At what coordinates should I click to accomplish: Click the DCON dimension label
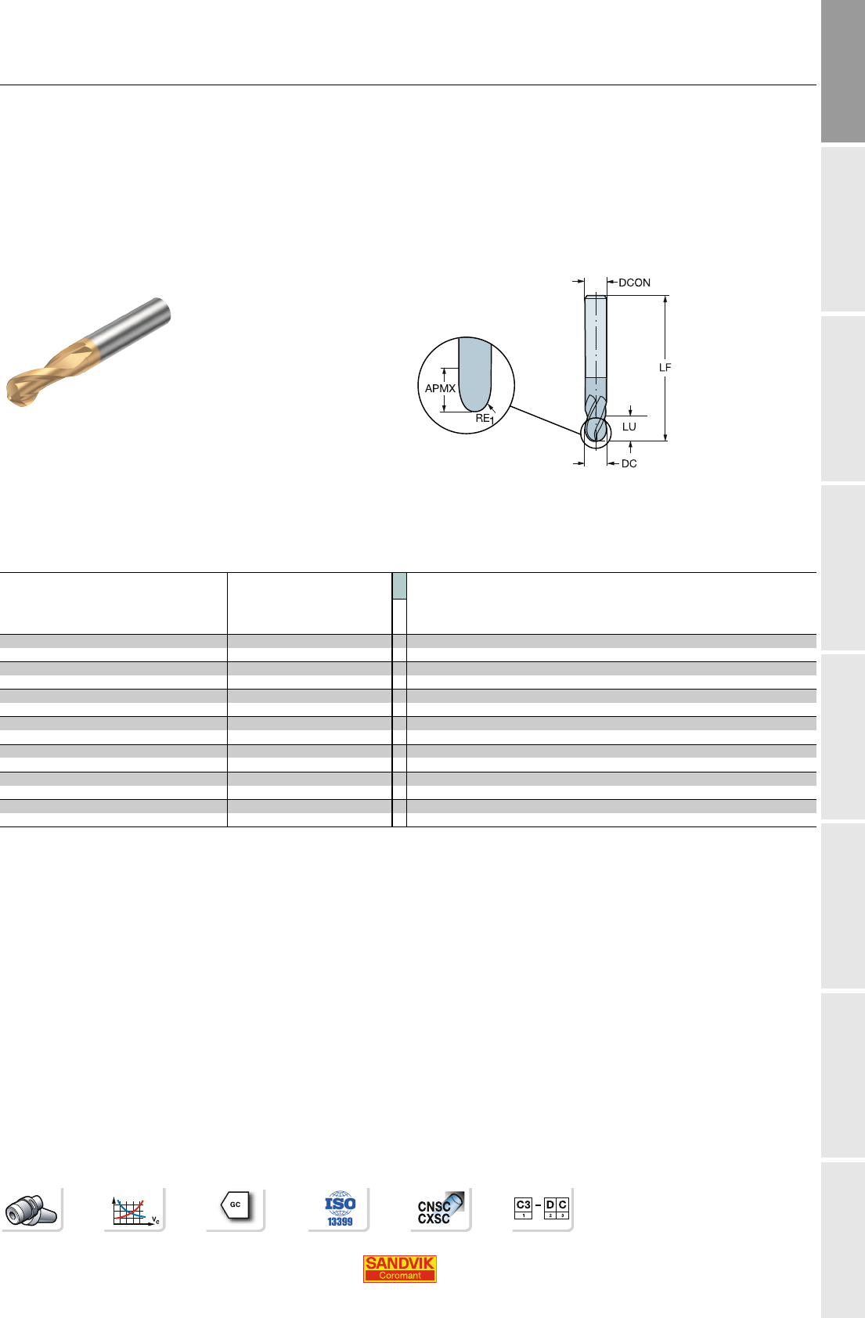[x=634, y=283]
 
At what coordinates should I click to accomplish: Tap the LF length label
[x=665, y=367]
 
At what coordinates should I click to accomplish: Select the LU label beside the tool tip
[x=629, y=427]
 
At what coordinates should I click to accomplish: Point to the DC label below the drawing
[x=629, y=463]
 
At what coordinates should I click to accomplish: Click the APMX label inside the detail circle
[x=440, y=388]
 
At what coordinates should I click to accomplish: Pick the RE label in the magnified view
[x=483, y=419]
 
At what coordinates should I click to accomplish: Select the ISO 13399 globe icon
[x=340, y=1208]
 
